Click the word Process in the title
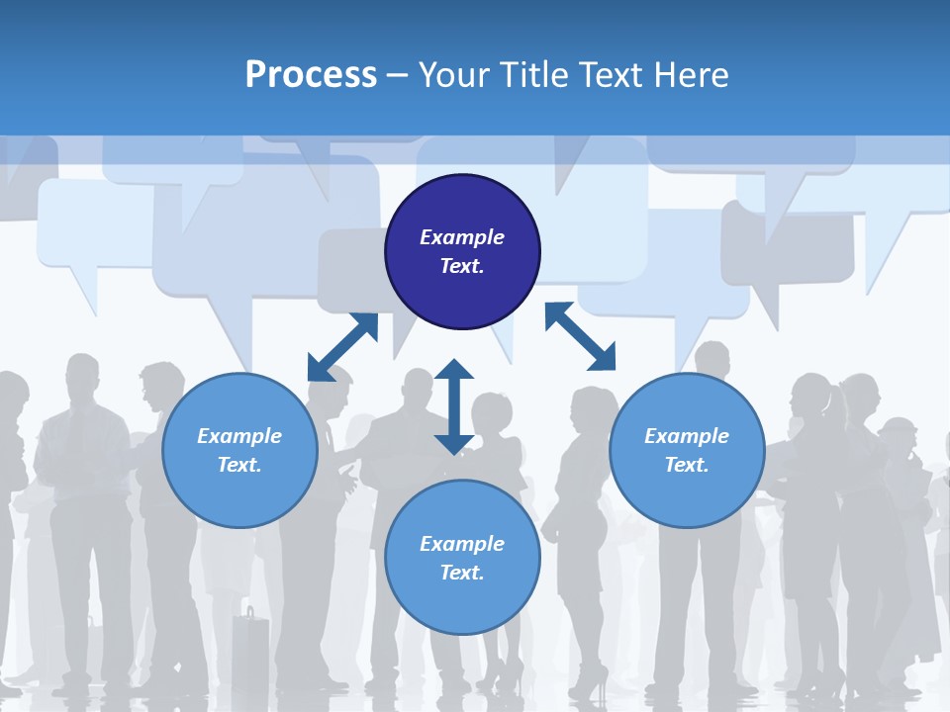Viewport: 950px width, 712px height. (311, 75)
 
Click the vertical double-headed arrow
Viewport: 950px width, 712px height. (454, 406)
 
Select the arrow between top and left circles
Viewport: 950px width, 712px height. (342, 347)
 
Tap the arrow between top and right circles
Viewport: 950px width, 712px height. (580, 336)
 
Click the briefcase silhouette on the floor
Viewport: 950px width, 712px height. (250, 648)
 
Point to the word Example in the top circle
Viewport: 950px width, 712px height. (462, 237)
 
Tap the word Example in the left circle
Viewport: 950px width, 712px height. (239, 436)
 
